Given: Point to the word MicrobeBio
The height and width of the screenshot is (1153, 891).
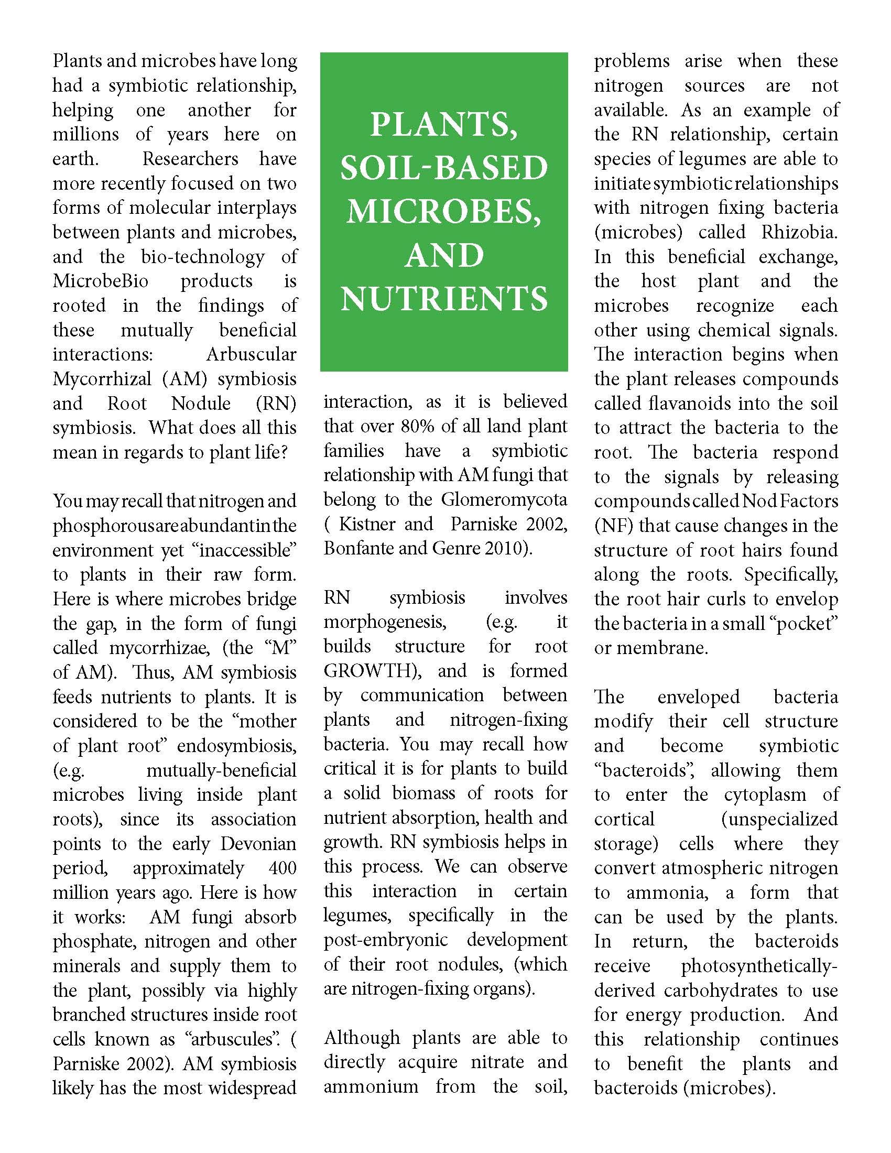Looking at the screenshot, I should pos(100,281).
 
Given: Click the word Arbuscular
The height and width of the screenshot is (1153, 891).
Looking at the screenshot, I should pos(251,354).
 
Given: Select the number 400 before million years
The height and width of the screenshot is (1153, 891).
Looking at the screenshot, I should pos(282,868).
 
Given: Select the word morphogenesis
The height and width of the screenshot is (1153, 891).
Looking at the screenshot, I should pos(385,622).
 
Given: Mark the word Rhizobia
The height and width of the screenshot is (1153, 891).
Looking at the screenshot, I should pos(799,232).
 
